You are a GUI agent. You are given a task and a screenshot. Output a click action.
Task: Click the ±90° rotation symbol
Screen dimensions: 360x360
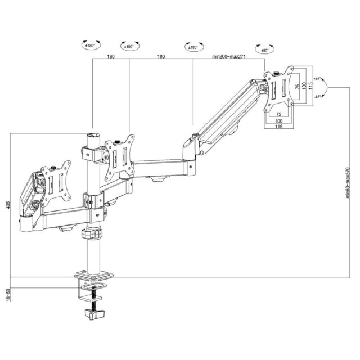[x=262, y=49]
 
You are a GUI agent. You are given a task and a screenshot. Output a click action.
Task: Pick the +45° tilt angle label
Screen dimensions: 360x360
[x=318, y=79]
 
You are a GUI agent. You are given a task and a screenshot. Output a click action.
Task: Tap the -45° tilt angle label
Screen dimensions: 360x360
[x=318, y=97]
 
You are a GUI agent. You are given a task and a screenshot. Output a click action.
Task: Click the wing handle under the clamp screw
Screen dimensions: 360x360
[x=94, y=312]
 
